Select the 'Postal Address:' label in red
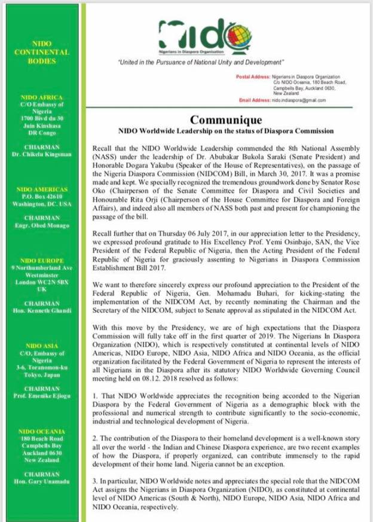[x=254, y=78]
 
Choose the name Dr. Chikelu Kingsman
[x=41, y=155]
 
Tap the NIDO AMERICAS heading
[x=41, y=190]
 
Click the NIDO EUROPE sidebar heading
[x=41, y=261]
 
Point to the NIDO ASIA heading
[x=41, y=346]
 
